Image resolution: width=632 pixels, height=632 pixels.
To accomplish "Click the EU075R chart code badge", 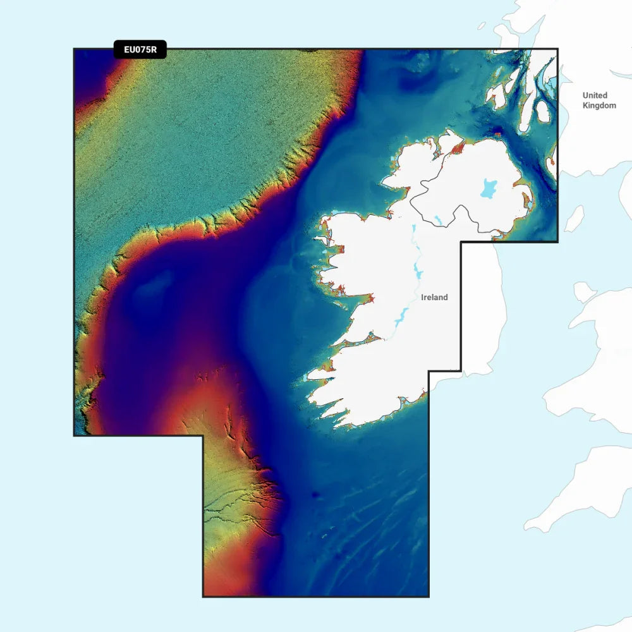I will click(140, 50).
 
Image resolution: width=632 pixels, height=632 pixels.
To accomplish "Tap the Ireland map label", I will click(434, 297).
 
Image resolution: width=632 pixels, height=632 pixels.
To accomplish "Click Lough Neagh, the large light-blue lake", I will click(489, 188).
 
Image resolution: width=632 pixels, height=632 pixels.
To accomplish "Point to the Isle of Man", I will click(574, 219).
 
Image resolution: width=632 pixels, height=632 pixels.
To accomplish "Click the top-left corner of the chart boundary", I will click(75, 49).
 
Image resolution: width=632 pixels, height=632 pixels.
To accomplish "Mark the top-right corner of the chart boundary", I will click(557, 49).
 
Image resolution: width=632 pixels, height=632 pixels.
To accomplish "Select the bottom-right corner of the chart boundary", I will click(428, 596).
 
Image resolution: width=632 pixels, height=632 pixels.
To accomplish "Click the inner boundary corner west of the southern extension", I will click(203, 435).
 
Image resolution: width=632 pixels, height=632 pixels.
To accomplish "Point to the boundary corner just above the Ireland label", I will click(461, 242).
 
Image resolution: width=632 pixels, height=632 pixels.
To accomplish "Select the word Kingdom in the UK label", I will click(599, 106).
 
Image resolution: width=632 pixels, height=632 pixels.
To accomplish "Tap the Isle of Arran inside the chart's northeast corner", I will click(542, 112).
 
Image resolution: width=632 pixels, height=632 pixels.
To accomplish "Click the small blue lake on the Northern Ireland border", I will click(437, 221).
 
